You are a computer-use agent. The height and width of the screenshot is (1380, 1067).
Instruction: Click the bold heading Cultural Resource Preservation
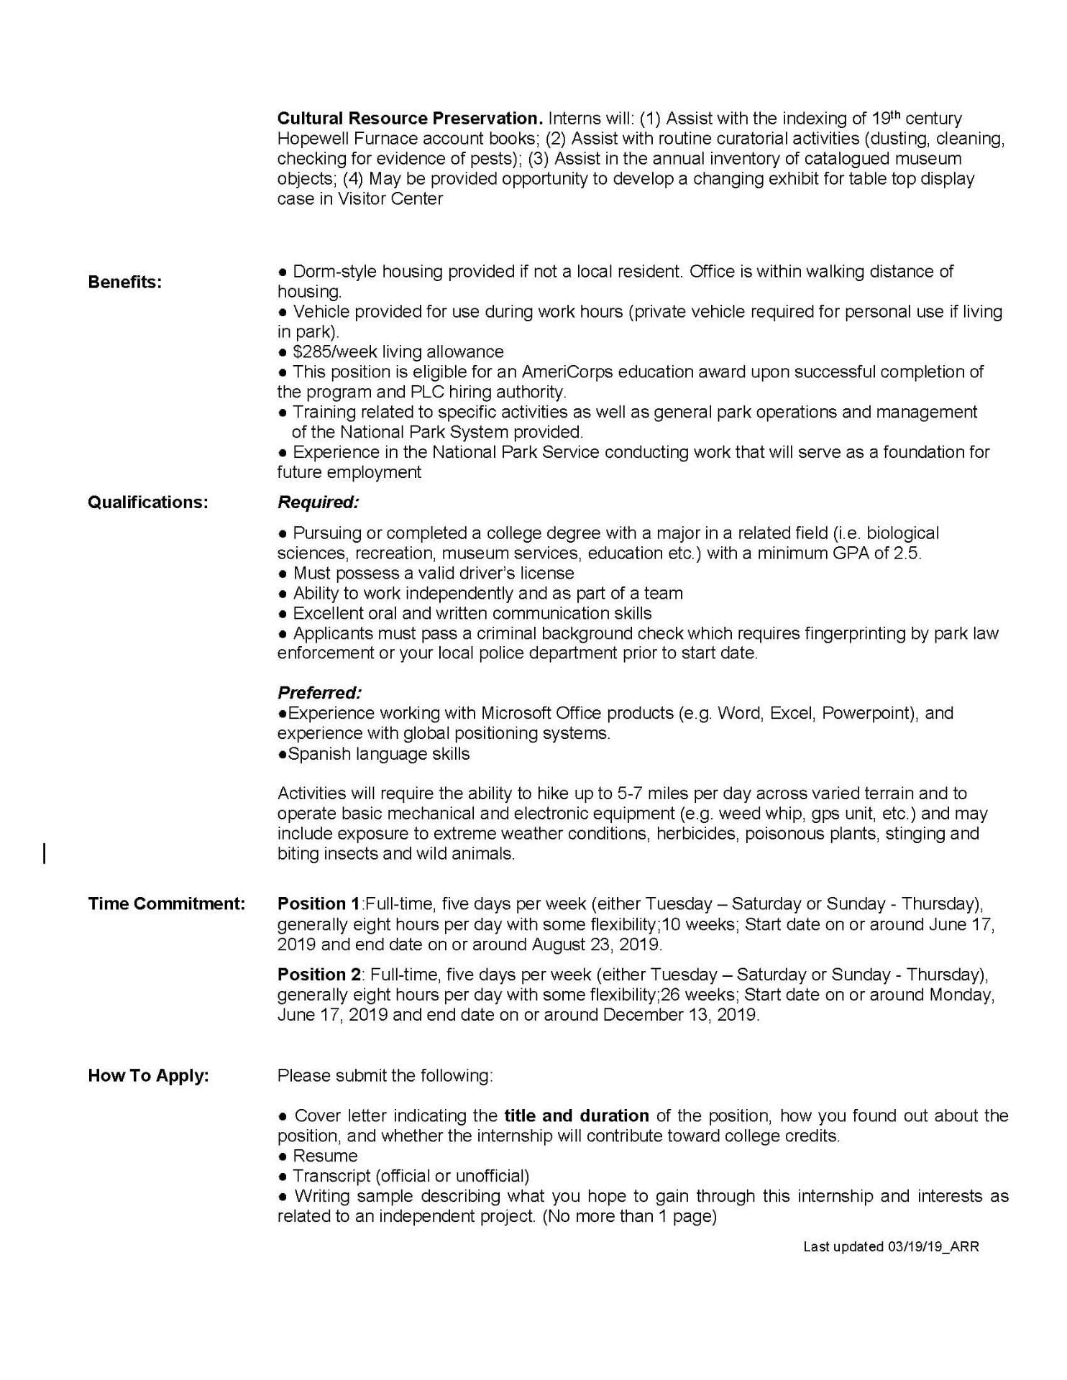(x=410, y=119)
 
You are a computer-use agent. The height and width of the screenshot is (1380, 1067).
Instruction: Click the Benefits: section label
(x=125, y=282)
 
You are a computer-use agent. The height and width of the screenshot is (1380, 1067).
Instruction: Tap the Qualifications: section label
(x=148, y=502)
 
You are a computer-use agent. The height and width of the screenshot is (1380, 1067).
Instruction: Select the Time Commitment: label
(x=167, y=903)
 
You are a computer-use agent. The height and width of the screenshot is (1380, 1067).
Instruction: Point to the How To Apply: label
(x=148, y=1076)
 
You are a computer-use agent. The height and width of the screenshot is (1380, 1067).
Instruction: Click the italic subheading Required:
(x=318, y=502)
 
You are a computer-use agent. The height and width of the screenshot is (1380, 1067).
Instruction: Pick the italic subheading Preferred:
(x=319, y=694)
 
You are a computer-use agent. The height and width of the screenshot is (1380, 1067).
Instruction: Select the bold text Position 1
(x=319, y=903)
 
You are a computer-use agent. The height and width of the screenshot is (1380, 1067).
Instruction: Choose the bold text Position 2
(x=320, y=975)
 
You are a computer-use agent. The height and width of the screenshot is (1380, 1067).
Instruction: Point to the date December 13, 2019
(x=680, y=1015)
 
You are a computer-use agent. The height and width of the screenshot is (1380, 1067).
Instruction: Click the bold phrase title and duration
(x=577, y=1116)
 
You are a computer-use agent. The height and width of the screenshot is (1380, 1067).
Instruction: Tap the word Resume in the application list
(x=325, y=1156)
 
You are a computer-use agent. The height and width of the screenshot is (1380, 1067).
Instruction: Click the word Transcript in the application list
(x=331, y=1177)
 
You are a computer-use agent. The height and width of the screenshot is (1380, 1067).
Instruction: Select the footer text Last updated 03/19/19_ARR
(x=891, y=1247)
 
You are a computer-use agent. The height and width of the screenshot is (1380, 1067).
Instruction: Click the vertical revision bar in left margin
(x=45, y=854)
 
